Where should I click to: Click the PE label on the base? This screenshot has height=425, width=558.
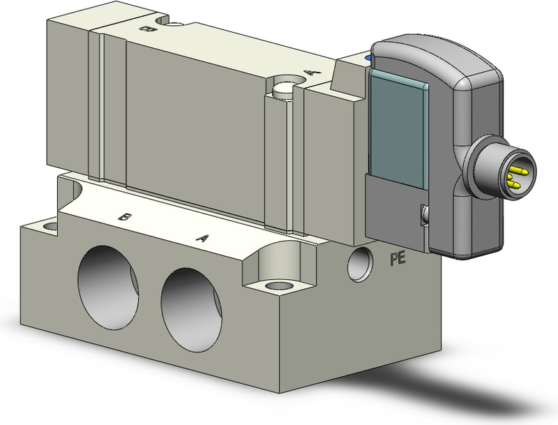pos(398,259)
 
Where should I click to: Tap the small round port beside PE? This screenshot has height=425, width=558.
pos(360,264)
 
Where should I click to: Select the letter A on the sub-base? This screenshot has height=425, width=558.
pos(202,237)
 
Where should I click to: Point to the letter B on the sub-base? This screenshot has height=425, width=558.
pos(123,217)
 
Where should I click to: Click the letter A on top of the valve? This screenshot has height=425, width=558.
pos(312,73)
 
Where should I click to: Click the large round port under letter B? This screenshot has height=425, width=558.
pos(108,288)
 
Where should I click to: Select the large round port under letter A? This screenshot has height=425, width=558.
pos(191,309)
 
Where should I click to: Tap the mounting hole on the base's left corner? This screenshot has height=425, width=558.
pos(50,226)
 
